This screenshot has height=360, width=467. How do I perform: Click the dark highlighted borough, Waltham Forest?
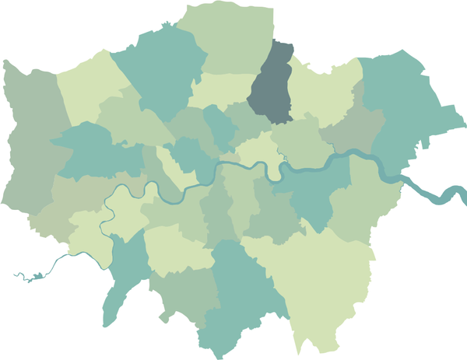tap(272, 86)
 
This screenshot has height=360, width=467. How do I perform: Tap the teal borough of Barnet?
tap(160, 70)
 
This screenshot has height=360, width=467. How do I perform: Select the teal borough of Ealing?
tap(93, 152)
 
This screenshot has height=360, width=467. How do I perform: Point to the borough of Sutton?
tap(187, 295)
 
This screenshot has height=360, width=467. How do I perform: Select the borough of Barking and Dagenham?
tap(354, 128)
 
